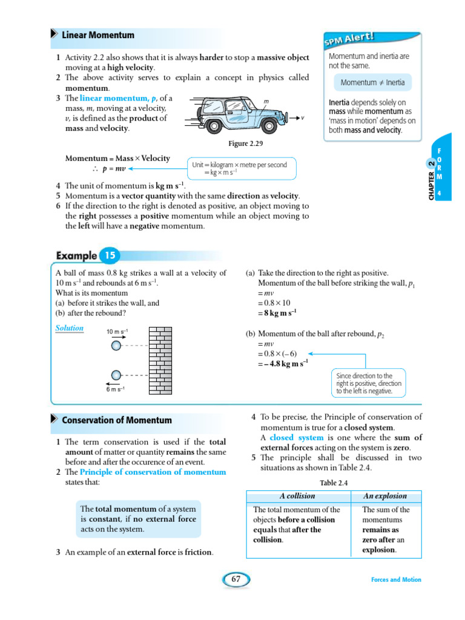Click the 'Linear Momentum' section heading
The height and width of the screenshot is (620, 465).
pyautogui.click(x=97, y=35)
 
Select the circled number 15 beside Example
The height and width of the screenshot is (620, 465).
pyautogui.click(x=110, y=256)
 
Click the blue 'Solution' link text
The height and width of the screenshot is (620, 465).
pyautogui.click(x=70, y=328)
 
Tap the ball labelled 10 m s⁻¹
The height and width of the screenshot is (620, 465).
pyautogui.click(x=116, y=345)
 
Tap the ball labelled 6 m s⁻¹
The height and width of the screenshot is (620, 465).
pyautogui.click(x=116, y=376)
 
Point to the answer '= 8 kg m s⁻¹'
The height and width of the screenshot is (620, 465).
pyautogui.click(x=277, y=312)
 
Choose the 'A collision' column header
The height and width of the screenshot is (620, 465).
pyautogui.click(x=297, y=496)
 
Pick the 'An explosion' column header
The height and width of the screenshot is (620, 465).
pyautogui.click(x=385, y=496)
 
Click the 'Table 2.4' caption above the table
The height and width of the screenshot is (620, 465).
pyautogui.click(x=334, y=483)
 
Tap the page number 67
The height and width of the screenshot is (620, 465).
pyautogui.click(x=236, y=579)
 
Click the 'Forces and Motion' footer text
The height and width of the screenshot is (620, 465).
pyautogui.click(x=396, y=579)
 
